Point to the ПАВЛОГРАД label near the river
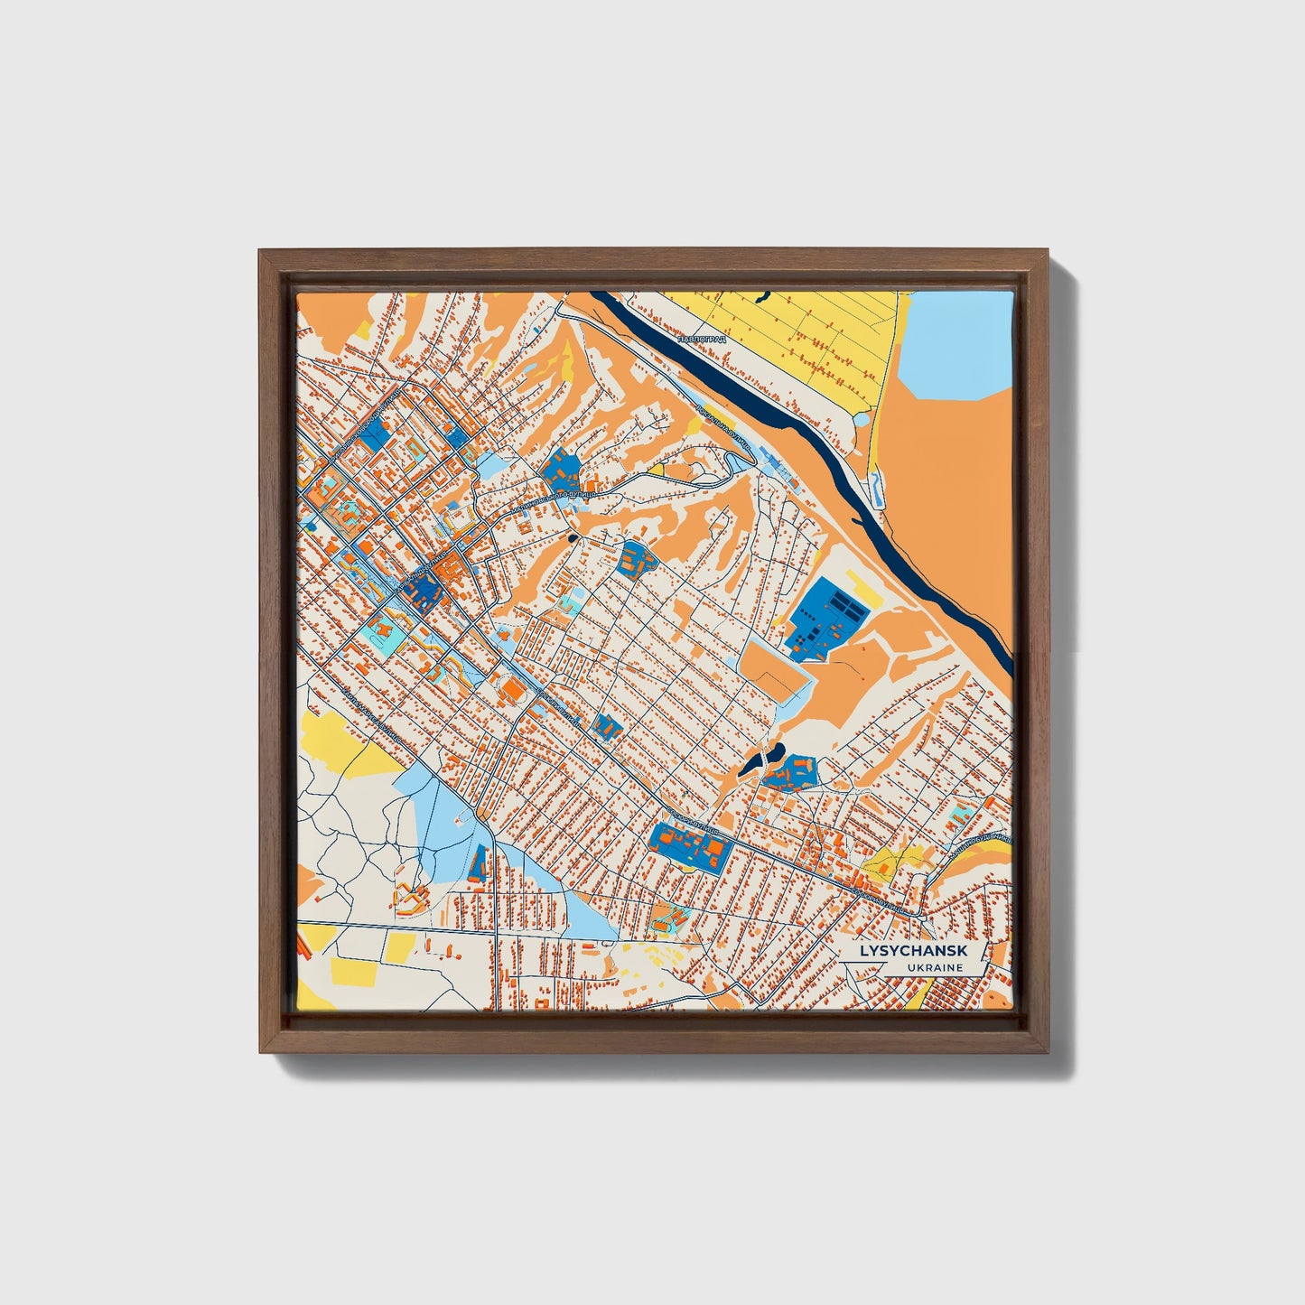click(701, 339)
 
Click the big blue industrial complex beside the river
click(824, 619)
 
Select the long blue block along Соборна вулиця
click(689, 846)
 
